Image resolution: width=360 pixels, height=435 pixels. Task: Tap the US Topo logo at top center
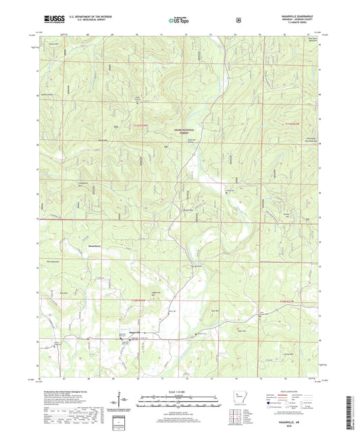pos(180,21)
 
